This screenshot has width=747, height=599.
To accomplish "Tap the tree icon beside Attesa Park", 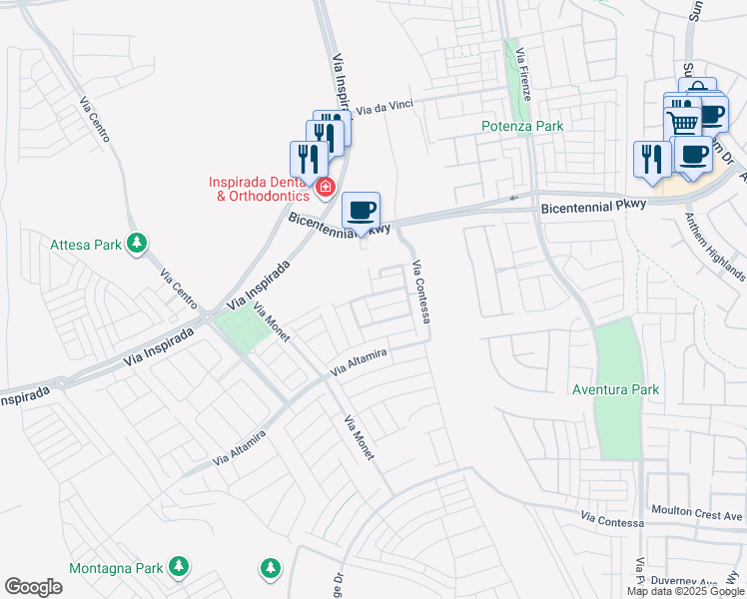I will click(x=138, y=243).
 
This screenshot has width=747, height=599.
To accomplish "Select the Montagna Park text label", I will click(x=116, y=568).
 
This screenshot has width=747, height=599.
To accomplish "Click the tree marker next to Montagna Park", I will click(x=178, y=567).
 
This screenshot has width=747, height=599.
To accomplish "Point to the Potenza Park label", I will click(x=522, y=126).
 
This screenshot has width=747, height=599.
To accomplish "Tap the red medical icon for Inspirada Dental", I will click(x=325, y=187).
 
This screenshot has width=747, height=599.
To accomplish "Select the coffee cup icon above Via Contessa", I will click(x=362, y=211).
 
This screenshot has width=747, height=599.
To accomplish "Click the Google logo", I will click(x=33, y=587).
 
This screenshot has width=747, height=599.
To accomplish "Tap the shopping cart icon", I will click(x=684, y=123).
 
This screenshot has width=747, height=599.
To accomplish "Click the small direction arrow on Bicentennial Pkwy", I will click(x=514, y=199).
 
